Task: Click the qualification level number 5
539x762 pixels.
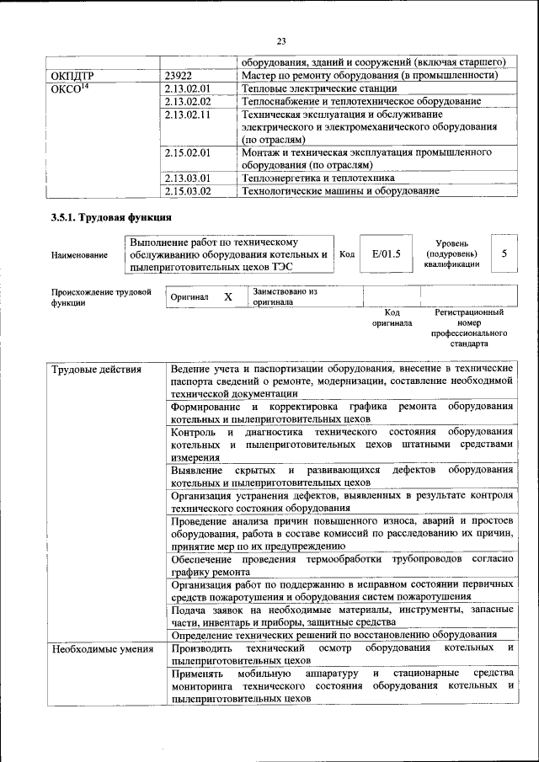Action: click(504, 253)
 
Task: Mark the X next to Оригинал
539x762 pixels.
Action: click(227, 297)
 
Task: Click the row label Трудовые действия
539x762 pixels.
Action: click(96, 370)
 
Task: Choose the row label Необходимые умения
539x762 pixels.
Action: click(102, 648)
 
